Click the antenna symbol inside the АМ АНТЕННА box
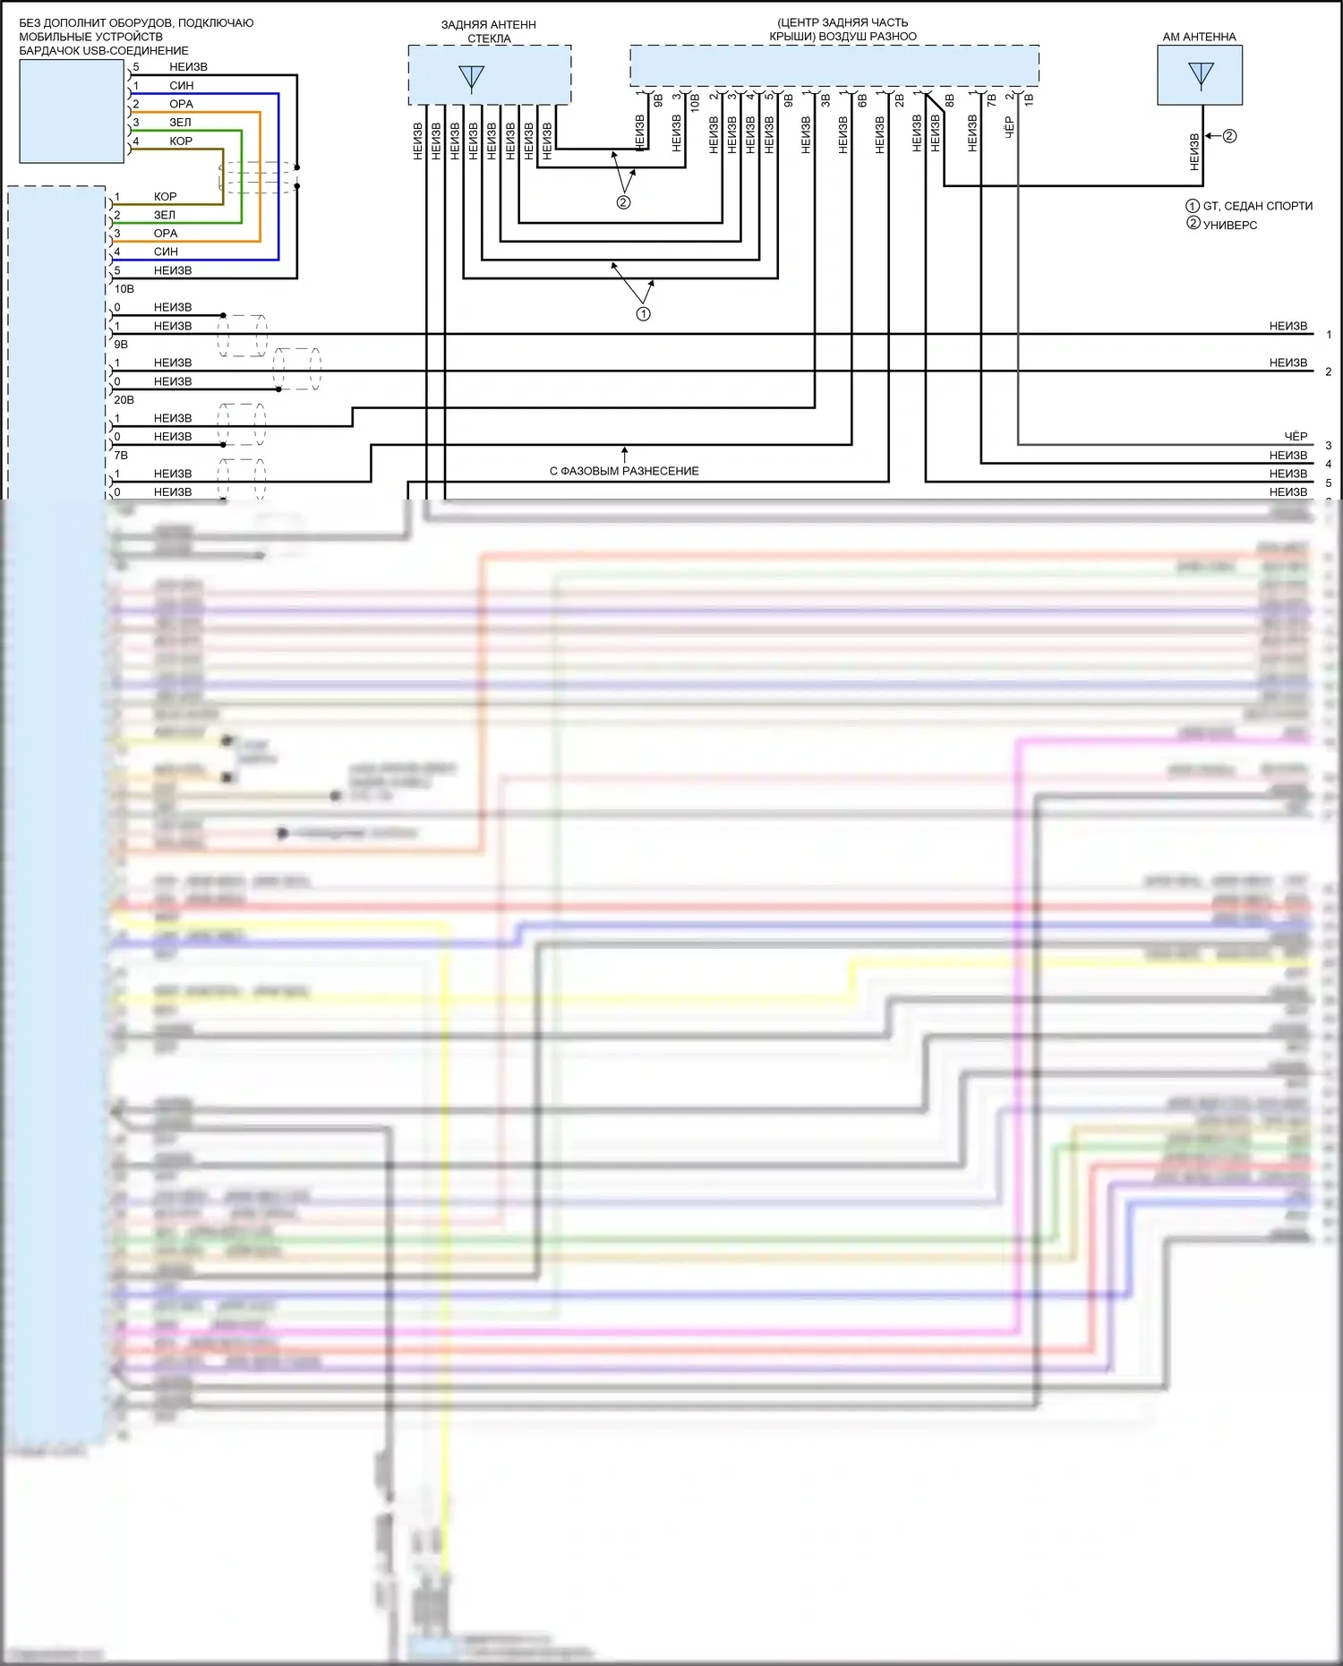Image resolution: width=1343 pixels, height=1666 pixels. point(1200,75)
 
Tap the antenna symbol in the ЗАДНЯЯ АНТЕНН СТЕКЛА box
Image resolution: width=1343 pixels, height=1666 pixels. point(471,79)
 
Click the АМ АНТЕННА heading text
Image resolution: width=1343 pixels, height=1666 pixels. point(1199,37)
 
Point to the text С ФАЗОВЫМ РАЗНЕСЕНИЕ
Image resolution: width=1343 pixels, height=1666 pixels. point(624,471)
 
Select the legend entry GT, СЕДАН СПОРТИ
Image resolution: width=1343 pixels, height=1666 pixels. point(1257,206)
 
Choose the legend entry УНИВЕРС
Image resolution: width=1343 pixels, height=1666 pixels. point(1229,226)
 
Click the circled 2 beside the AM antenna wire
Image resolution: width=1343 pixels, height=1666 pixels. point(1229,136)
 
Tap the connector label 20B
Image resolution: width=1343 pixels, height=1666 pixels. point(124,400)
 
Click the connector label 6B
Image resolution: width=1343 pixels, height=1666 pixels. point(862,100)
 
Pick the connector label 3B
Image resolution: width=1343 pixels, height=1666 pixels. point(825,100)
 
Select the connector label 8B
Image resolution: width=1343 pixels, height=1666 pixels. point(950,100)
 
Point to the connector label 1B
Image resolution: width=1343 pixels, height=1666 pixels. point(1029,100)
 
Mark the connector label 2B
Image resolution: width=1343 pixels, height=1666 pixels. point(899,100)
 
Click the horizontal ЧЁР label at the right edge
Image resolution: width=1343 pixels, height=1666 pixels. point(1296,436)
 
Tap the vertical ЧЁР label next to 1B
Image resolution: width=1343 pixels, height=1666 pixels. point(1009,127)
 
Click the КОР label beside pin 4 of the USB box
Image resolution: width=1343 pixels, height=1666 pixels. point(181,141)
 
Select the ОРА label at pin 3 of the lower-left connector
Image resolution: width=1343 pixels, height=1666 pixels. point(166,233)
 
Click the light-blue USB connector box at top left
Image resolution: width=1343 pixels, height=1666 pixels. point(72,111)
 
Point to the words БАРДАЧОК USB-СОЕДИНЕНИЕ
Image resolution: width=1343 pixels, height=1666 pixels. point(104,51)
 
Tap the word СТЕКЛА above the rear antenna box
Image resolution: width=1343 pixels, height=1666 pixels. point(489,38)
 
